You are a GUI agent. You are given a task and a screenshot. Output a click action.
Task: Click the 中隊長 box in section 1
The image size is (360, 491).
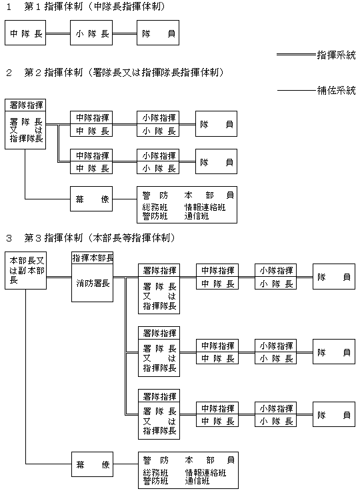pos(25,33)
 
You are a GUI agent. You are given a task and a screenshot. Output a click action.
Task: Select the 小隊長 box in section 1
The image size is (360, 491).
pos(91,33)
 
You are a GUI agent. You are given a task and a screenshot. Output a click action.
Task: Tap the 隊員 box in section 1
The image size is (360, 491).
pos(158,33)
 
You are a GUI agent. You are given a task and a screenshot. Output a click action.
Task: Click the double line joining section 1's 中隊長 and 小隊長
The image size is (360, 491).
pos(58,33)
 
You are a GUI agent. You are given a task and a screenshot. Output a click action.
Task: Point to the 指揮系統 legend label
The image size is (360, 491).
pos(337,55)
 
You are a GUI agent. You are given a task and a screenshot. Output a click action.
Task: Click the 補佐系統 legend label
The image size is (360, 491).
pos(337,91)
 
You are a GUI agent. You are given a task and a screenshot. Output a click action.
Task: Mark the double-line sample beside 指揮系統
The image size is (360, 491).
pos(297,55)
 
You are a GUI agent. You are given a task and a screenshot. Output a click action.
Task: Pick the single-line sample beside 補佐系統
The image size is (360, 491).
pos(297,91)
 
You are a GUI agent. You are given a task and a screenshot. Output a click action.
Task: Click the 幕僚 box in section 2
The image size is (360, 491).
pos(91,199)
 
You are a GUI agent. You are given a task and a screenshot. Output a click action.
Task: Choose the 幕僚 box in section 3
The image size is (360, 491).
pos(93,464)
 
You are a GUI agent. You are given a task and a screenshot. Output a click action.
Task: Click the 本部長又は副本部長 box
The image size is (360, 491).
pos(26,271)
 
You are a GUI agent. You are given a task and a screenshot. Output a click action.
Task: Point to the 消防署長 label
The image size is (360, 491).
pos(93,284)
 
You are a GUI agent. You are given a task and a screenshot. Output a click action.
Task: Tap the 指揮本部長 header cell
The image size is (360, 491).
pos(93,258)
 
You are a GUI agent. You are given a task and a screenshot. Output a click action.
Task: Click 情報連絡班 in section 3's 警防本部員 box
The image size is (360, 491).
pos(205,472)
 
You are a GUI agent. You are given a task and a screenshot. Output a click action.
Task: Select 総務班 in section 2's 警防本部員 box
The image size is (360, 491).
pos(155,207)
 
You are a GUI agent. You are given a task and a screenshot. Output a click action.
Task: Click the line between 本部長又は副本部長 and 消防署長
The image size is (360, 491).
pos(59,277)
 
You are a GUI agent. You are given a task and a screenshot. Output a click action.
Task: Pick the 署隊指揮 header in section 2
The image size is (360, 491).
pos(26,105)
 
